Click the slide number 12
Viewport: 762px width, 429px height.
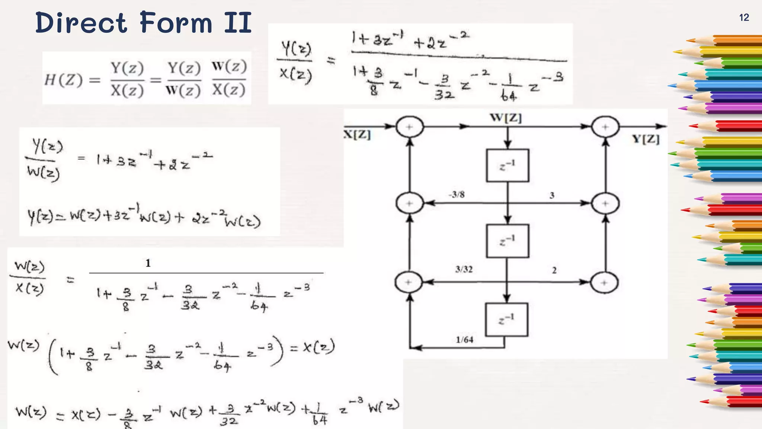744,18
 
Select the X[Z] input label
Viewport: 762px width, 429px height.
357,134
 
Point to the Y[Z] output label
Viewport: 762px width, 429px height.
646,139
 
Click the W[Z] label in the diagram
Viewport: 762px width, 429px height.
506,118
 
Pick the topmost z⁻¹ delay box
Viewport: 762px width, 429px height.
508,165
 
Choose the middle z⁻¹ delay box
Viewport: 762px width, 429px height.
508,241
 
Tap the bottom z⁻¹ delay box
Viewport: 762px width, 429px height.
506,320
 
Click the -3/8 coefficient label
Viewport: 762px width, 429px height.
457,194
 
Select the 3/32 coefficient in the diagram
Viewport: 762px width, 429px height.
464,269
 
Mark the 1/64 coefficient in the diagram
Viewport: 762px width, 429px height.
465,339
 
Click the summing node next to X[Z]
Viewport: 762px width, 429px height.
409,127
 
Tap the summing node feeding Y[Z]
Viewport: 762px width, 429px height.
605,127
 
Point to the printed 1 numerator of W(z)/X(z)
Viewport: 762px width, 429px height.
148,263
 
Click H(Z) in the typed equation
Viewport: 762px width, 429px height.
63,80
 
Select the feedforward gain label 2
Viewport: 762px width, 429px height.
554,270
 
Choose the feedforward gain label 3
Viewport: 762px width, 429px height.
552,195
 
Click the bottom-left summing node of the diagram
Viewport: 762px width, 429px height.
409,282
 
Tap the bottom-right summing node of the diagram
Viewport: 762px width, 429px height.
604,283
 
